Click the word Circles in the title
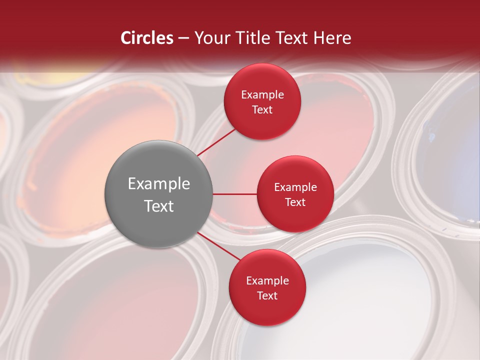pyautogui.click(x=147, y=38)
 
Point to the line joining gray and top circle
pyautogui.click(x=216, y=142)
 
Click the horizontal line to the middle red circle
pyautogui.click(x=235, y=194)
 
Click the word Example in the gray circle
pyautogui.click(x=159, y=184)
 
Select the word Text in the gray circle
pyautogui.click(x=159, y=206)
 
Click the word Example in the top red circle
pyautogui.click(x=262, y=95)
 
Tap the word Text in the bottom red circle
pyautogui.click(x=267, y=295)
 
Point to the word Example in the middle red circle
pyautogui.click(x=295, y=187)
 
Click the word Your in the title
pyautogui.click(x=210, y=38)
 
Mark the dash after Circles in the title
pyautogui.click(x=183, y=38)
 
